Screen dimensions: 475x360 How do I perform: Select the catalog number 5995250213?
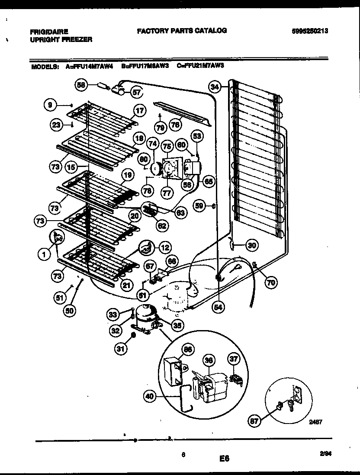pyautogui.click(x=311, y=31)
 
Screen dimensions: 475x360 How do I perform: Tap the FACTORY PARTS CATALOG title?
pyautogui.click(x=182, y=31)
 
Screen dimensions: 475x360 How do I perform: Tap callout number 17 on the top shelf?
pyautogui.click(x=138, y=110)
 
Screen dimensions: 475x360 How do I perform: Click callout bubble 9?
pyautogui.click(x=50, y=104)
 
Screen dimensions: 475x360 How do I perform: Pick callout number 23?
pyautogui.click(x=56, y=125)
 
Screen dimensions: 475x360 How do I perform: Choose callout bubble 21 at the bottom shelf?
pyautogui.click(x=126, y=285)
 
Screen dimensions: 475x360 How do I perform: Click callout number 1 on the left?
pyautogui.click(x=44, y=255)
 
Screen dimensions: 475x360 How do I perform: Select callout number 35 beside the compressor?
pyautogui.click(x=177, y=324)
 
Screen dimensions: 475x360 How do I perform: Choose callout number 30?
pyautogui.click(x=251, y=245)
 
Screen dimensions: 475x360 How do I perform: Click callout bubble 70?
pyautogui.click(x=271, y=283)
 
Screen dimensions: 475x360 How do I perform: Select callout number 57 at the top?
pyautogui.click(x=137, y=92)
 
